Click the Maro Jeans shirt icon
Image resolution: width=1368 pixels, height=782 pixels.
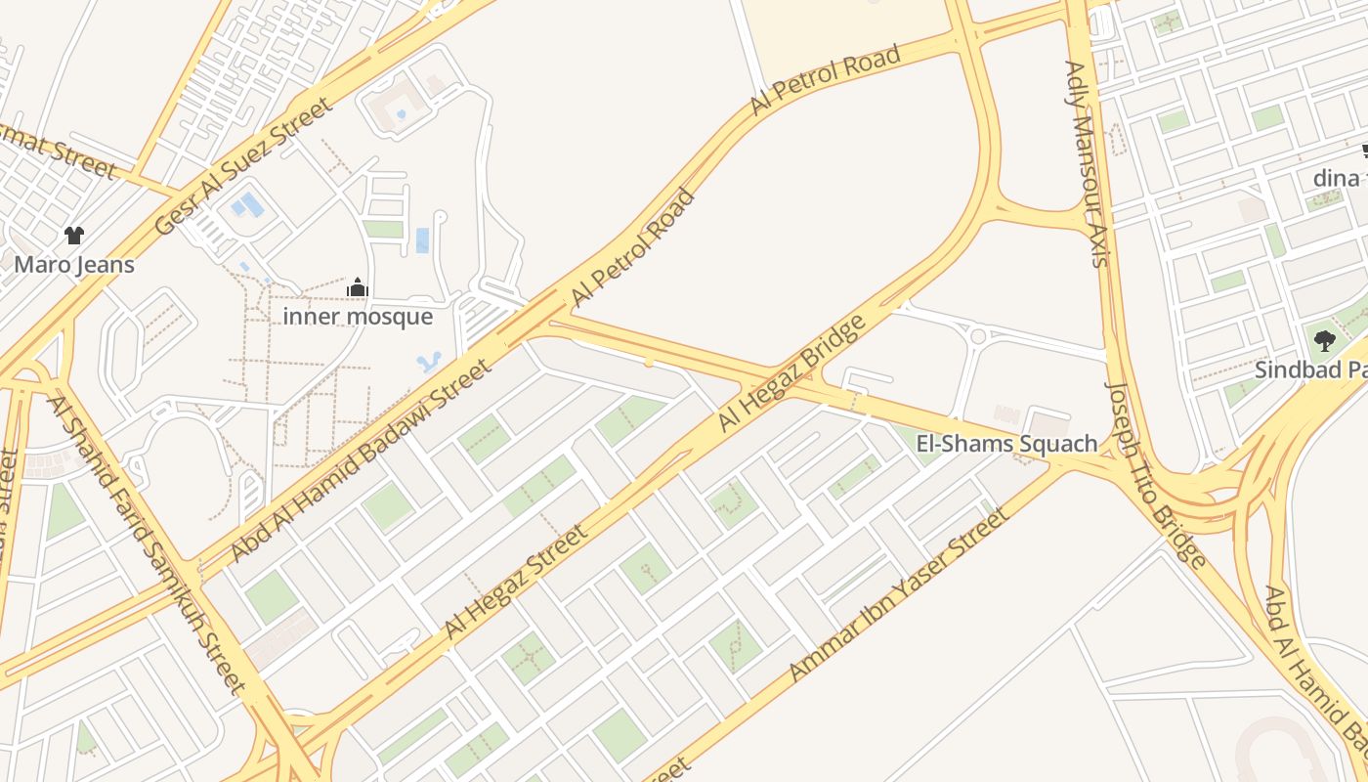coord(74,235)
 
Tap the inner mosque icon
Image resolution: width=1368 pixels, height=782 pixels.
coord(358,288)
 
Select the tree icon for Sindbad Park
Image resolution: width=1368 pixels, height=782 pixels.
coord(1325,341)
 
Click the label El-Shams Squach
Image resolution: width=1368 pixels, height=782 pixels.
coord(1006,444)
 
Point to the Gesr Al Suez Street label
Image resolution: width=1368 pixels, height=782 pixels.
coord(243,167)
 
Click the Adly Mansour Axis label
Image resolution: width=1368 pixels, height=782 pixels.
coord(1088,163)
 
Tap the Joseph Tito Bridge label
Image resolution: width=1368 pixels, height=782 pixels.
coord(1154,473)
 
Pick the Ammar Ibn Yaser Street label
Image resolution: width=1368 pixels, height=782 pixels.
coord(896,595)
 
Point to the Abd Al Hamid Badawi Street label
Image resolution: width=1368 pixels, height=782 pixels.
coord(361,460)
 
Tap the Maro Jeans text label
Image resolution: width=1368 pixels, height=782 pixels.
coord(74,264)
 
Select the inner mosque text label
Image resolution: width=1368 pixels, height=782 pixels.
coord(358,317)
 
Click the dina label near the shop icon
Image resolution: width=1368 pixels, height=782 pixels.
coord(1336,178)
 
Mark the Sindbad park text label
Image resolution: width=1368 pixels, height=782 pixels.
coord(1310,370)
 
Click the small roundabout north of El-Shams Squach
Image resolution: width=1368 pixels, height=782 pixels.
coord(978,336)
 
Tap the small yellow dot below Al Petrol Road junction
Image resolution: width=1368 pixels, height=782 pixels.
coord(649,363)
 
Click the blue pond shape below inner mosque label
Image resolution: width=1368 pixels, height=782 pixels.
coord(428,363)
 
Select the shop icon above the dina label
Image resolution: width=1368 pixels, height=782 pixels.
coord(1364,152)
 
